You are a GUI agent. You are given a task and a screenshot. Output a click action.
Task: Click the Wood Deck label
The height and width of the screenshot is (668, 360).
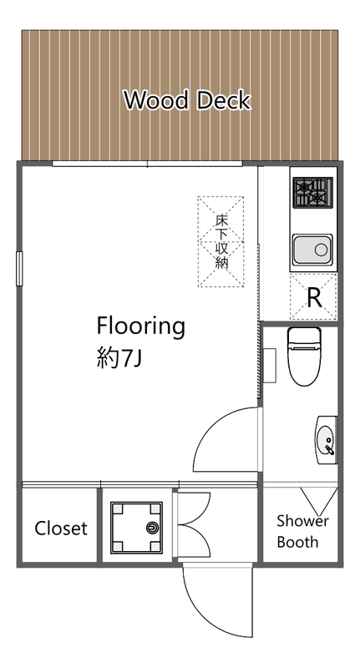(x=186, y=100)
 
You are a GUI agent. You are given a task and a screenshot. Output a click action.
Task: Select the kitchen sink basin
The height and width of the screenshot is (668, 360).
(x=312, y=249)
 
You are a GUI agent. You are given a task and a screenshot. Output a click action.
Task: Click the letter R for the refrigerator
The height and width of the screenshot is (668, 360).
(x=314, y=298)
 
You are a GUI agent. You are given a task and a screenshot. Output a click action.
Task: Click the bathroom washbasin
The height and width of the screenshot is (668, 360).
(x=326, y=440)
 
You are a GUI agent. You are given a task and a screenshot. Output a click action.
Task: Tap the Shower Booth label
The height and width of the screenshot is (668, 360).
(x=302, y=531)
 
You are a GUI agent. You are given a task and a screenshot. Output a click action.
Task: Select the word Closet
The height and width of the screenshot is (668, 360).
(x=61, y=529)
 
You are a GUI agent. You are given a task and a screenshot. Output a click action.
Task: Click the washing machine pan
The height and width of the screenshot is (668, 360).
(x=136, y=528)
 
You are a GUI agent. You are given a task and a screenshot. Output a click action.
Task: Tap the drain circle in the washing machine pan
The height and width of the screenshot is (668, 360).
(x=152, y=528)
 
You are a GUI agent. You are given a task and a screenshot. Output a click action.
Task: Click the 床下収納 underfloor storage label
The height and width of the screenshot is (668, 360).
(x=221, y=241)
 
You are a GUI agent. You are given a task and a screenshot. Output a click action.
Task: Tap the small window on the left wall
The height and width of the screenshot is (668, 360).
(x=19, y=268)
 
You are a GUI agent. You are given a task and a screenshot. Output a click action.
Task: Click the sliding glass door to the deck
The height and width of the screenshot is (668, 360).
(x=147, y=164)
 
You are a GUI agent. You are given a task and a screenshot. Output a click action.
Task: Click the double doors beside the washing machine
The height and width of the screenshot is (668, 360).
(x=194, y=525)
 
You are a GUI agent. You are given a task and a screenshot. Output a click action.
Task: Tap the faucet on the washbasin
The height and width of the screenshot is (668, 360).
(x=329, y=448)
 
